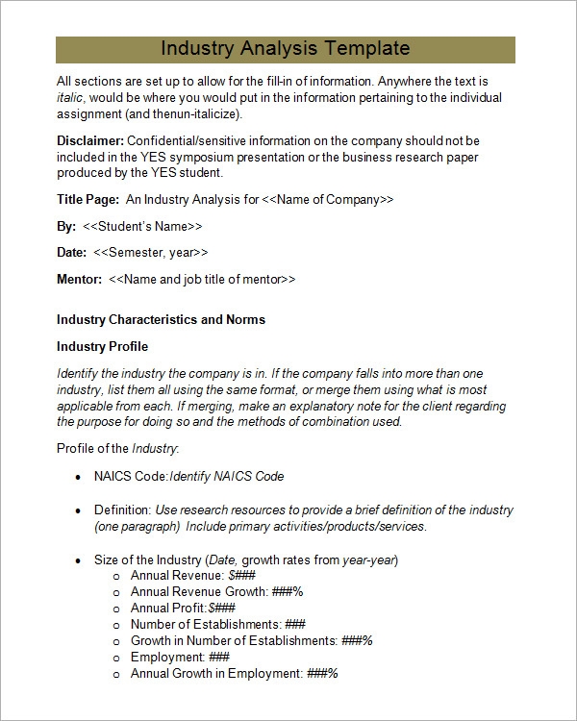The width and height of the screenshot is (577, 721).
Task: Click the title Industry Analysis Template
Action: tap(286, 49)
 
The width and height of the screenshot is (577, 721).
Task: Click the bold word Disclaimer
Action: tap(90, 141)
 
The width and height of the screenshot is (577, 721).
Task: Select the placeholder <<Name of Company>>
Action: tap(328, 200)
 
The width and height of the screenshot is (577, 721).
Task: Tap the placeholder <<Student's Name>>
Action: tap(142, 226)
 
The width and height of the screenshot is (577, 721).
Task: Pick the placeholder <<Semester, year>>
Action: tap(151, 252)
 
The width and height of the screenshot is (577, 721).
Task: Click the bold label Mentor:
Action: tap(79, 279)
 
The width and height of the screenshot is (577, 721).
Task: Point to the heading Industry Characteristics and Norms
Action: tap(161, 319)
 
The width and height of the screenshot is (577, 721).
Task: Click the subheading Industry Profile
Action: tap(102, 346)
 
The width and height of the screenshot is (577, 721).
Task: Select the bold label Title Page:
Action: tap(88, 200)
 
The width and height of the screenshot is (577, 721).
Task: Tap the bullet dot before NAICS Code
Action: tap(77, 477)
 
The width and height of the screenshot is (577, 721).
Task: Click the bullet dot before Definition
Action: tap(77, 510)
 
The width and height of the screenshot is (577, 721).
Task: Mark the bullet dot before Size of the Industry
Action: tap(77, 560)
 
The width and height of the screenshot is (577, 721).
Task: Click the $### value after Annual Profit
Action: tap(222, 608)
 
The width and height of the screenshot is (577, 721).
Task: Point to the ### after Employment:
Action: tap(219, 657)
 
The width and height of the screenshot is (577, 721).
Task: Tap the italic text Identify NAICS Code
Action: tap(227, 477)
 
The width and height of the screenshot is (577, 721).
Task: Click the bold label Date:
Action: tap(72, 252)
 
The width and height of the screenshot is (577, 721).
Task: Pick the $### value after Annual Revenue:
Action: tap(239, 575)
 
